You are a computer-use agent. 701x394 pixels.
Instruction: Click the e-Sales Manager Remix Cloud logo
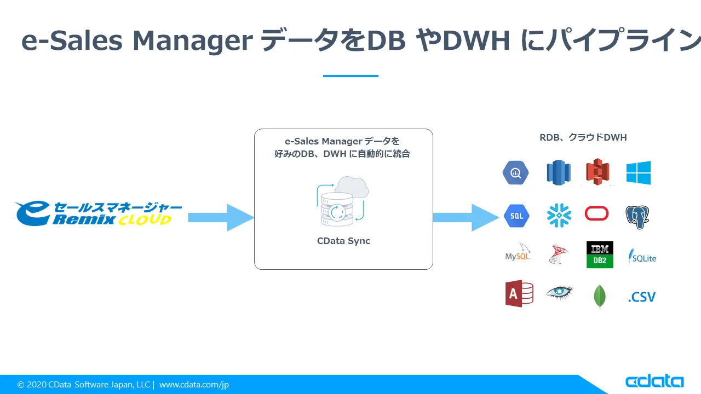pos(99,214)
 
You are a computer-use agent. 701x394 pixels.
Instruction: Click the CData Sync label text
pos(343,241)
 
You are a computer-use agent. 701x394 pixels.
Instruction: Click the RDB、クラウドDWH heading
pos(583,137)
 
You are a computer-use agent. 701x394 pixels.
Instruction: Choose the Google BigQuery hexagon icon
pos(515,173)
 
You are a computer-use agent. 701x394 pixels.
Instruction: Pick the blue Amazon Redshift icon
pos(558,173)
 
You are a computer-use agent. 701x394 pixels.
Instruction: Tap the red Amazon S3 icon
pos(597,172)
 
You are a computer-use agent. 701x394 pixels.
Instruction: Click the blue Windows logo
pos(639,173)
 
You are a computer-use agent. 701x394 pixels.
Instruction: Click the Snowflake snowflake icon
pos(559,216)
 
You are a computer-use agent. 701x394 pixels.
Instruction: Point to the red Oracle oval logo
pos(596,213)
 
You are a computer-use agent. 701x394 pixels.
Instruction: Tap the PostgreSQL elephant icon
pos(637,217)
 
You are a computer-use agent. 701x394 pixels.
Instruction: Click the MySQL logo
pos(518,253)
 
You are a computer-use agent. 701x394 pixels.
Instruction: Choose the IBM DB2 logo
pos(600,254)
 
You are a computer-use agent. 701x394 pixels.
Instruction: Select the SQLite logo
pos(642,256)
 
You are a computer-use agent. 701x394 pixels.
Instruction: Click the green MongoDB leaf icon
pos(600,297)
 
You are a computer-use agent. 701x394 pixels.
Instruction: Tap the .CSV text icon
pos(641,297)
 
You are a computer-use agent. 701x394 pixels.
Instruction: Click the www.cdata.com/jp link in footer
pos(194,385)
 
